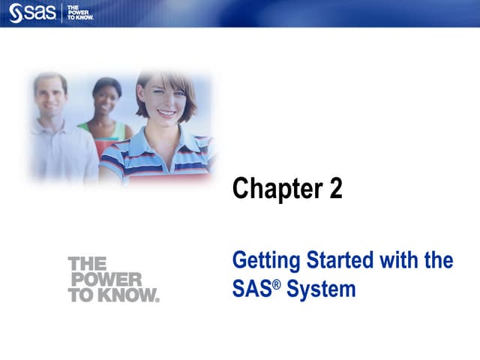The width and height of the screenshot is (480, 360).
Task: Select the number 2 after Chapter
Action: point(335,188)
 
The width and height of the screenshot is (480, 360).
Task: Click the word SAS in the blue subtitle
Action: point(250,289)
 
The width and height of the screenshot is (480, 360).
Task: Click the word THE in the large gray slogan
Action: point(87,264)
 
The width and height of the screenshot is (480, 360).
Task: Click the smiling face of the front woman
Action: point(165,101)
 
